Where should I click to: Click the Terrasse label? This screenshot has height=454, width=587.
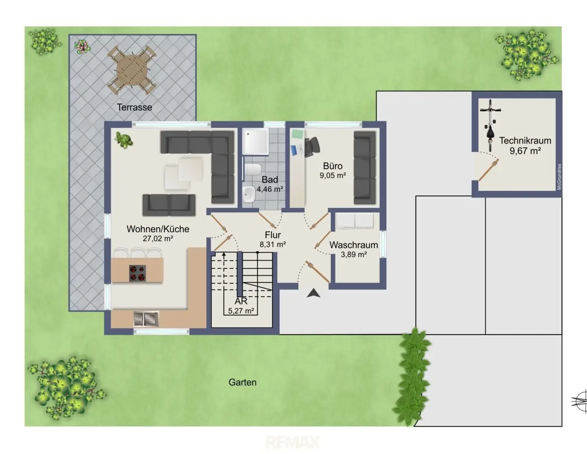click(134, 107)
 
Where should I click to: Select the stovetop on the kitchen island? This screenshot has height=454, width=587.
click(138, 273)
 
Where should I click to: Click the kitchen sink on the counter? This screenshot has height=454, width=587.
click(146, 319)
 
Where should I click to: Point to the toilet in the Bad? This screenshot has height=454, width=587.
click(253, 170)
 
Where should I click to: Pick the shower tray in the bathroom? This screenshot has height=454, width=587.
click(255, 141)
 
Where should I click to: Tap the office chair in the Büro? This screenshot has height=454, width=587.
click(312, 147)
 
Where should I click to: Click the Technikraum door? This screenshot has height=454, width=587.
click(489, 170)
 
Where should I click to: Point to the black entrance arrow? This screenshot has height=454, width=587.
click(313, 293)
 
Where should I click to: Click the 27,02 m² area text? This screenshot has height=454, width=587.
click(158, 238)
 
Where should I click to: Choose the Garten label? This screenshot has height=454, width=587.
click(242, 382)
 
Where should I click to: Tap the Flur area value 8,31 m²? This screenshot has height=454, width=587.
click(272, 245)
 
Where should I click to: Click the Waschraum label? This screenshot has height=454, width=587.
click(353, 245)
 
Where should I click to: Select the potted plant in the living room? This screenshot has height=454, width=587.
click(124, 139)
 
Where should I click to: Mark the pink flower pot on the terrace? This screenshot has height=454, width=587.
click(82, 47)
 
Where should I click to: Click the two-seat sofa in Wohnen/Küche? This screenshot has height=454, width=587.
click(169, 205)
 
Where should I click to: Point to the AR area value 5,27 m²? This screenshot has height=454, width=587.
click(241, 311)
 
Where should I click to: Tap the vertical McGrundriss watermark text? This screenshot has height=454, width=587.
click(559, 177)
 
